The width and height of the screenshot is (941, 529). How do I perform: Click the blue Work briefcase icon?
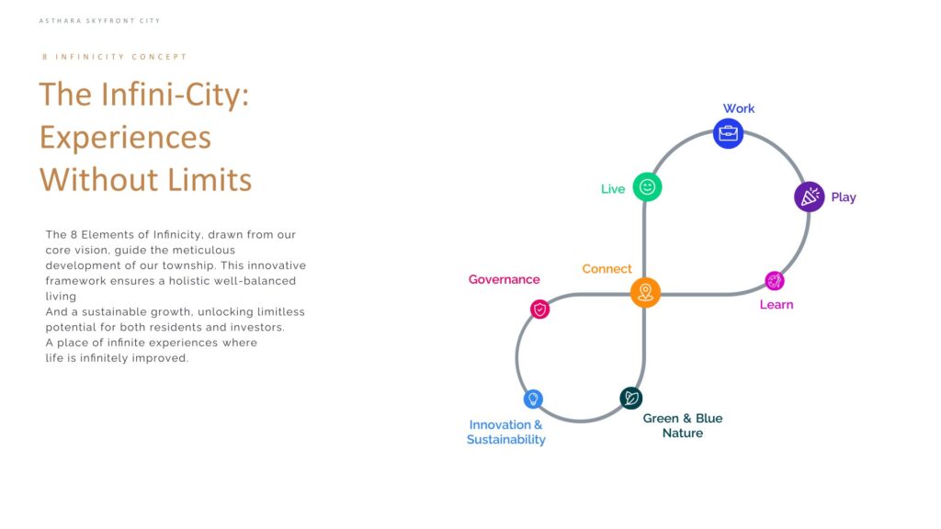728,133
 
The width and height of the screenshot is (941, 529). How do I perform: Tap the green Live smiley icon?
647,187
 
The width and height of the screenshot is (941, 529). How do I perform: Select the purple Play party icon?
809,197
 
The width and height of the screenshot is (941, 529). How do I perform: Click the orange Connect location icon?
645,293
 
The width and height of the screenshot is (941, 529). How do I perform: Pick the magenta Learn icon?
774,281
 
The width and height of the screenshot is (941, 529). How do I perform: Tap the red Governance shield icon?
539,310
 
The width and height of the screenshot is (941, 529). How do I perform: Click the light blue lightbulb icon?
533,399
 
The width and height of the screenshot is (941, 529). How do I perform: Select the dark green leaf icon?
630,398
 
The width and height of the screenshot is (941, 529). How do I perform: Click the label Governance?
505,279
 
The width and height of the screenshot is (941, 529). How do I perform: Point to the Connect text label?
607,269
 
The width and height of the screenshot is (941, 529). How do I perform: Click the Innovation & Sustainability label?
506,432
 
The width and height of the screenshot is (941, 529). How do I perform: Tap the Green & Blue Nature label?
683,426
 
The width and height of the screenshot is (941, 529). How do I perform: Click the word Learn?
776,305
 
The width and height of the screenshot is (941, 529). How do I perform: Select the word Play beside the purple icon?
844,197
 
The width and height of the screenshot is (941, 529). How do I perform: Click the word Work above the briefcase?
738,108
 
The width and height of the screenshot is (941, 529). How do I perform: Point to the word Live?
613,189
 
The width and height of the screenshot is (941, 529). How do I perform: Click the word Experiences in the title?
125,138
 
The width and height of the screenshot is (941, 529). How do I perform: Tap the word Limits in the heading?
210,179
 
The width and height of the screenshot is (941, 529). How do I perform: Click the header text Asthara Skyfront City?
99,21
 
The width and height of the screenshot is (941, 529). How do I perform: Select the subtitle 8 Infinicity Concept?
115,57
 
